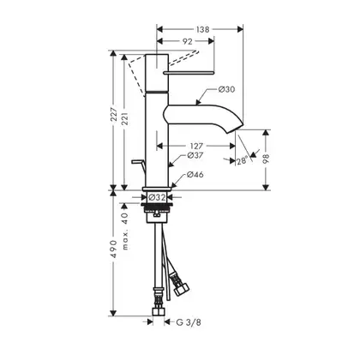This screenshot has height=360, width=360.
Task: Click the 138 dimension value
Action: [203, 29]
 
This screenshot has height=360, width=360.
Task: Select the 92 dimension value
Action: [187, 41]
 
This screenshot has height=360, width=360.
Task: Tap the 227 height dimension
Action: [114, 114]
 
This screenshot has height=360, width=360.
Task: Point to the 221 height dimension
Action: [124, 118]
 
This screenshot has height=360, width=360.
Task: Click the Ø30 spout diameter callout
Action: [226, 89]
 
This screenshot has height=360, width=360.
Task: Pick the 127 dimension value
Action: [196, 147]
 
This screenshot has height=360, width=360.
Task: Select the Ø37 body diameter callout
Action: [195, 155]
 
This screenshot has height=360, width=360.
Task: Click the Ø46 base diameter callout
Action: [195, 175]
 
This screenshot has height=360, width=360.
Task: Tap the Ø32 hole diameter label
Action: [157, 197]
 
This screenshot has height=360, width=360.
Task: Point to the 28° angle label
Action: [242, 161]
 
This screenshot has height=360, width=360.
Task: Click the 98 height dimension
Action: [266, 159]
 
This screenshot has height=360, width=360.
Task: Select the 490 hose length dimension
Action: [114, 249]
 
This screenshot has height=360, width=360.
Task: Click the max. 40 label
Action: [125, 231]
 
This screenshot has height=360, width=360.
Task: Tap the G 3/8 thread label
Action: [189, 322]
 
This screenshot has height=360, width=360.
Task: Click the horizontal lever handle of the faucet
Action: [188, 73]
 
